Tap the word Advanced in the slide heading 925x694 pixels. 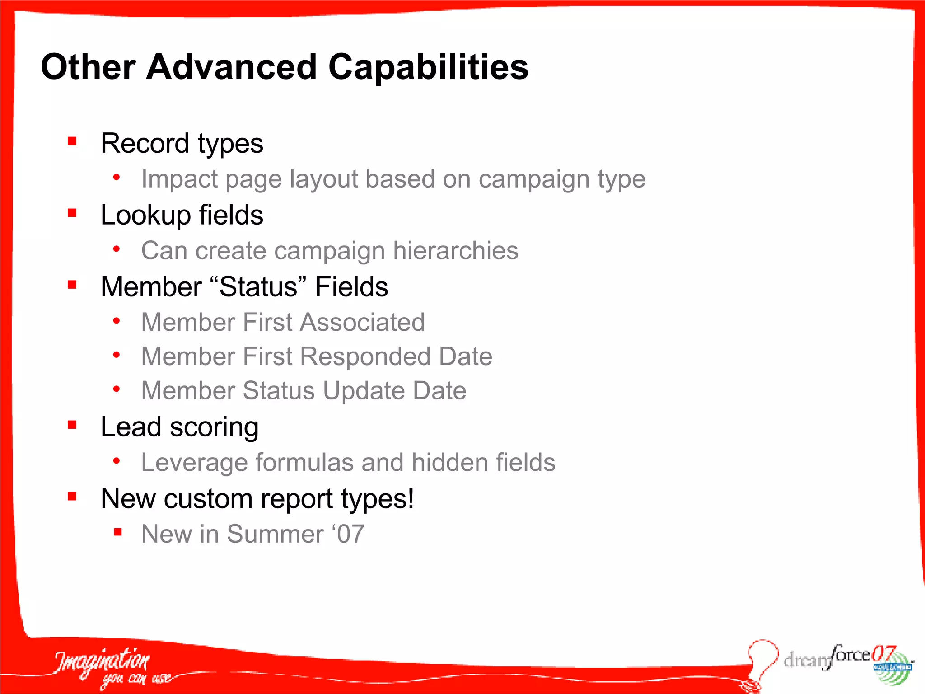231,67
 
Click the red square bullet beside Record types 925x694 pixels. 72,141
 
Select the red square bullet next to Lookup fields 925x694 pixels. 72,213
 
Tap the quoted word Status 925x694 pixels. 258,286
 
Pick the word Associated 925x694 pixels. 362,322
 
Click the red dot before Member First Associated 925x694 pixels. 117,321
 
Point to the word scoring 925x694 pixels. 214,427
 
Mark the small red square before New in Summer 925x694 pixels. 118,532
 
